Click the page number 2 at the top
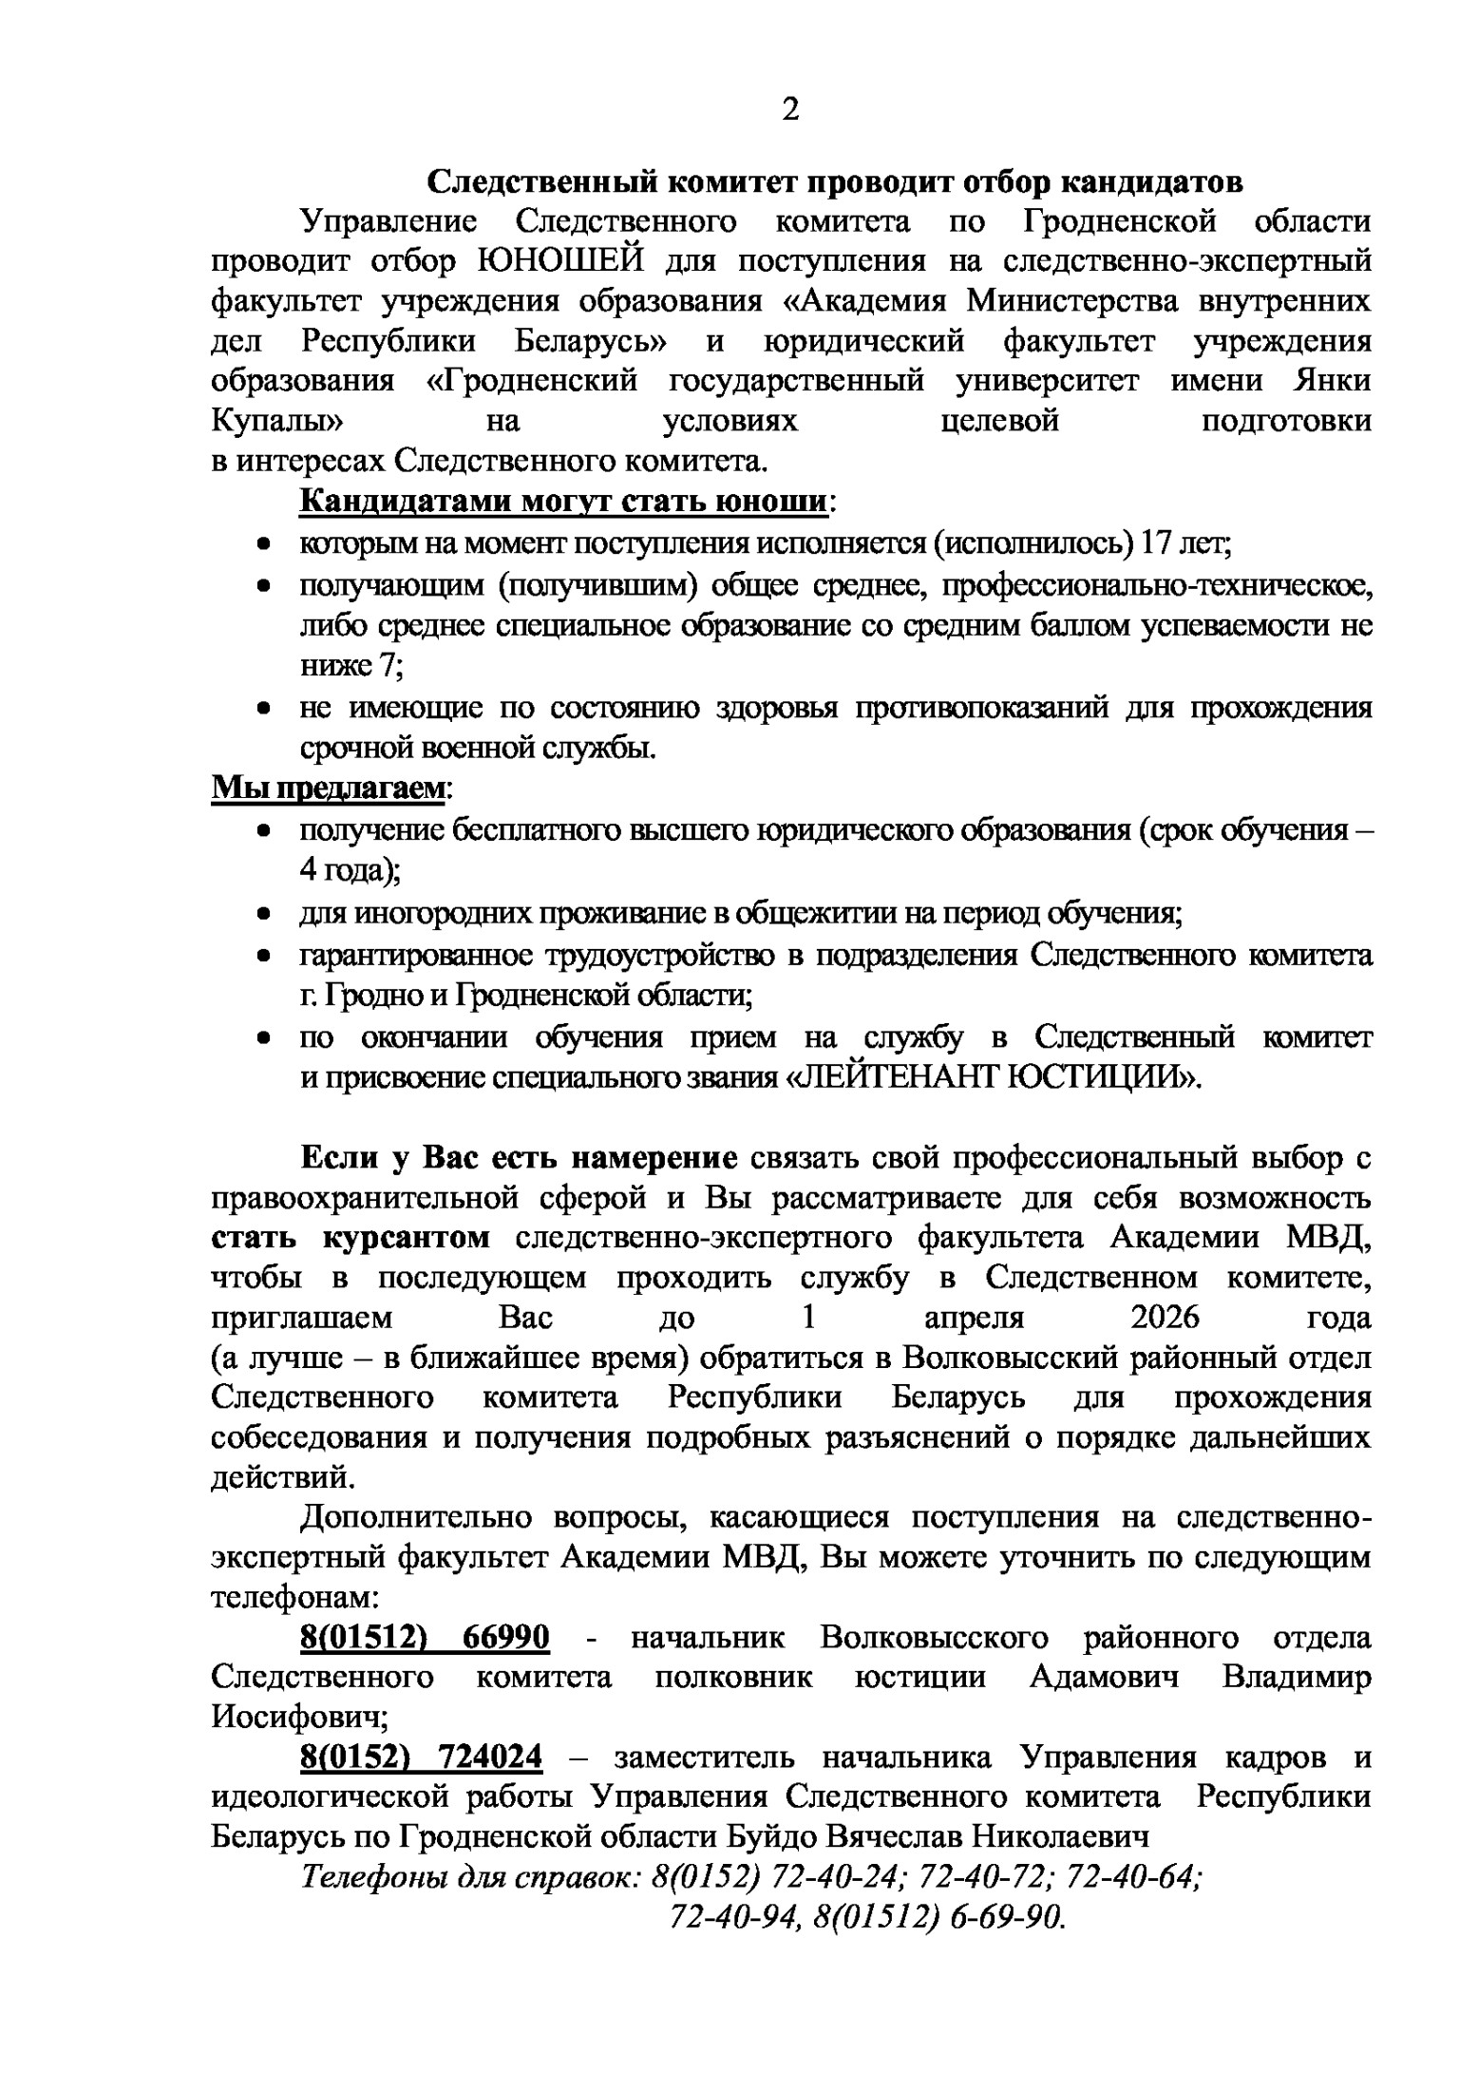click(x=789, y=110)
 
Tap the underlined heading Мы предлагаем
click(x=327, y=788)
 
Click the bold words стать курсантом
click(x=351, y=1238)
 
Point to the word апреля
click(x=974, y=1318)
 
